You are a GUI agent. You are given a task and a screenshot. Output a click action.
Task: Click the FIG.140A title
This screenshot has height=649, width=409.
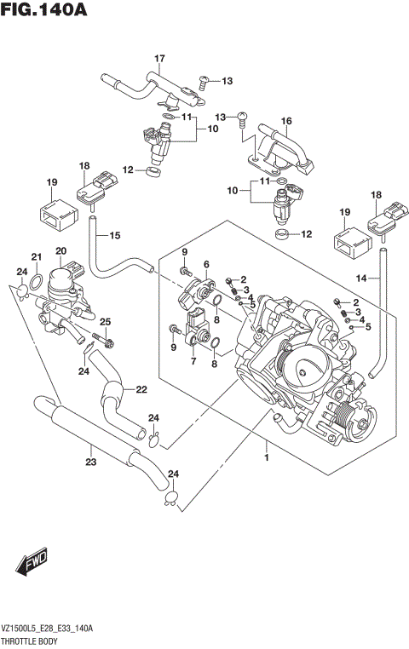coord(44,10)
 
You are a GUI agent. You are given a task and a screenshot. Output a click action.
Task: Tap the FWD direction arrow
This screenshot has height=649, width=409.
coord(32,563)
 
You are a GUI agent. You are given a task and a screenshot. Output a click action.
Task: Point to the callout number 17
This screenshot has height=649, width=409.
coord(158,58)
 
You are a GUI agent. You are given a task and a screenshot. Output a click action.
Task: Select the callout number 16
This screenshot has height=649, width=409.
coord(286,121)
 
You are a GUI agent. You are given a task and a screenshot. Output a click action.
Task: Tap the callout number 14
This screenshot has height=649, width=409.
coord(362,278)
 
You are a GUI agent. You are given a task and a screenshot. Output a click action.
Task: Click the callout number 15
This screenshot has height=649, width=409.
coord(115,235)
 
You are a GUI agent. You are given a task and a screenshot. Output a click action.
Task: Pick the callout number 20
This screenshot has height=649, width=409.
coord(60,250)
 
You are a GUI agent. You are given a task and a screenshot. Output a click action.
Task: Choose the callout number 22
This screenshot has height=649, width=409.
coord(141,390)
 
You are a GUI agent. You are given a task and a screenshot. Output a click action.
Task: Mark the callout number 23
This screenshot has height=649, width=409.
coord(90,462)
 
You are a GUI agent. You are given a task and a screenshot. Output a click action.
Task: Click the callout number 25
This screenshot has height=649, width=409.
coord(105,321)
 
